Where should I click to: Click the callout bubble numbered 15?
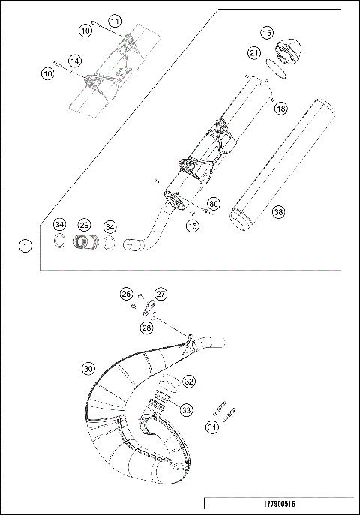coord(266,33)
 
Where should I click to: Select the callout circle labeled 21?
coord(254,53)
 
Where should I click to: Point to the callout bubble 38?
coord(278,212)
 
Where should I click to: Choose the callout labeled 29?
coord(85,225)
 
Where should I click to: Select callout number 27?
coord(160,293)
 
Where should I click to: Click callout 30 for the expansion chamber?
coord(88,369)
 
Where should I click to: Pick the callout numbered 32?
coord(189,381)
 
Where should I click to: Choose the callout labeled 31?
coord(213,427)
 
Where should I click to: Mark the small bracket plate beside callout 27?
coord(149,307)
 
